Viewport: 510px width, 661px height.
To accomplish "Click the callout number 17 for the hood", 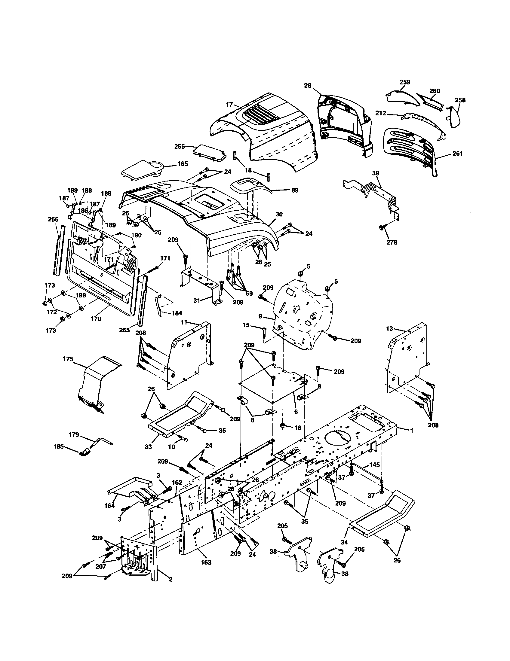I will (x=229, y=105).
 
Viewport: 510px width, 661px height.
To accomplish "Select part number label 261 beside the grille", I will (x=457, y=154).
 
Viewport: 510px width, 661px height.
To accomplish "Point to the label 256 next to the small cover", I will (x=180, y=146).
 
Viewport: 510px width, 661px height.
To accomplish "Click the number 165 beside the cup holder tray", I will (x=183, y=164).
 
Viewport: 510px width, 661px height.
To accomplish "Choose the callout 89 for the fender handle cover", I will (x=295, y=190).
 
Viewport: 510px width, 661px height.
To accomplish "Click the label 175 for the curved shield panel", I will (x=68, y=359).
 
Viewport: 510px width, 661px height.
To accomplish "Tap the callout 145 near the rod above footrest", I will (x=375, y=465).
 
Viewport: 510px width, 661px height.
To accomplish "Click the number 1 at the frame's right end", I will (x=411, y=430).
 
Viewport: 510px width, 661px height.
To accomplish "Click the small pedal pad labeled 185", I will (x=85, y=452).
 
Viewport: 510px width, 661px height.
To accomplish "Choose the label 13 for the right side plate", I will (x=389, y=329).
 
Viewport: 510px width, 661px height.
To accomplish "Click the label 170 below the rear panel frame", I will (x=96, y=319).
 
